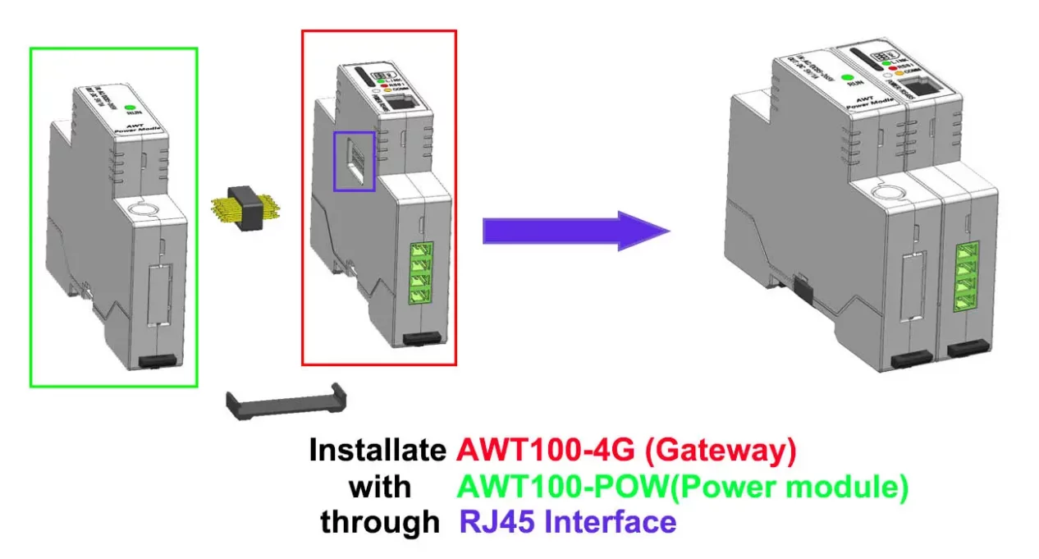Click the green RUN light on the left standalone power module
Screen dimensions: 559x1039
click(x=130, y=108)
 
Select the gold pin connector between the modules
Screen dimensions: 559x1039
click(x=241, y=208)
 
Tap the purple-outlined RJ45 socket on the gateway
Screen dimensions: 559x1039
click(x=355, y=161)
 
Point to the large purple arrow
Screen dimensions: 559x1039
click(x=574, y=231)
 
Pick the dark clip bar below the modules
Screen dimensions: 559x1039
click(x=286, y=404)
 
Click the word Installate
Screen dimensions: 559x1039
click(x=378, y=450)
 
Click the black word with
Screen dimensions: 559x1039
click(x=380, y=486)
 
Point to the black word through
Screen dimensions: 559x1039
click(x=380, y=521)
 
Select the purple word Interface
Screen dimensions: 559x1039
click(x=611, y=521)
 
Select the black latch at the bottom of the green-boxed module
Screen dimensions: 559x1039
click(x=156, y=361)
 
